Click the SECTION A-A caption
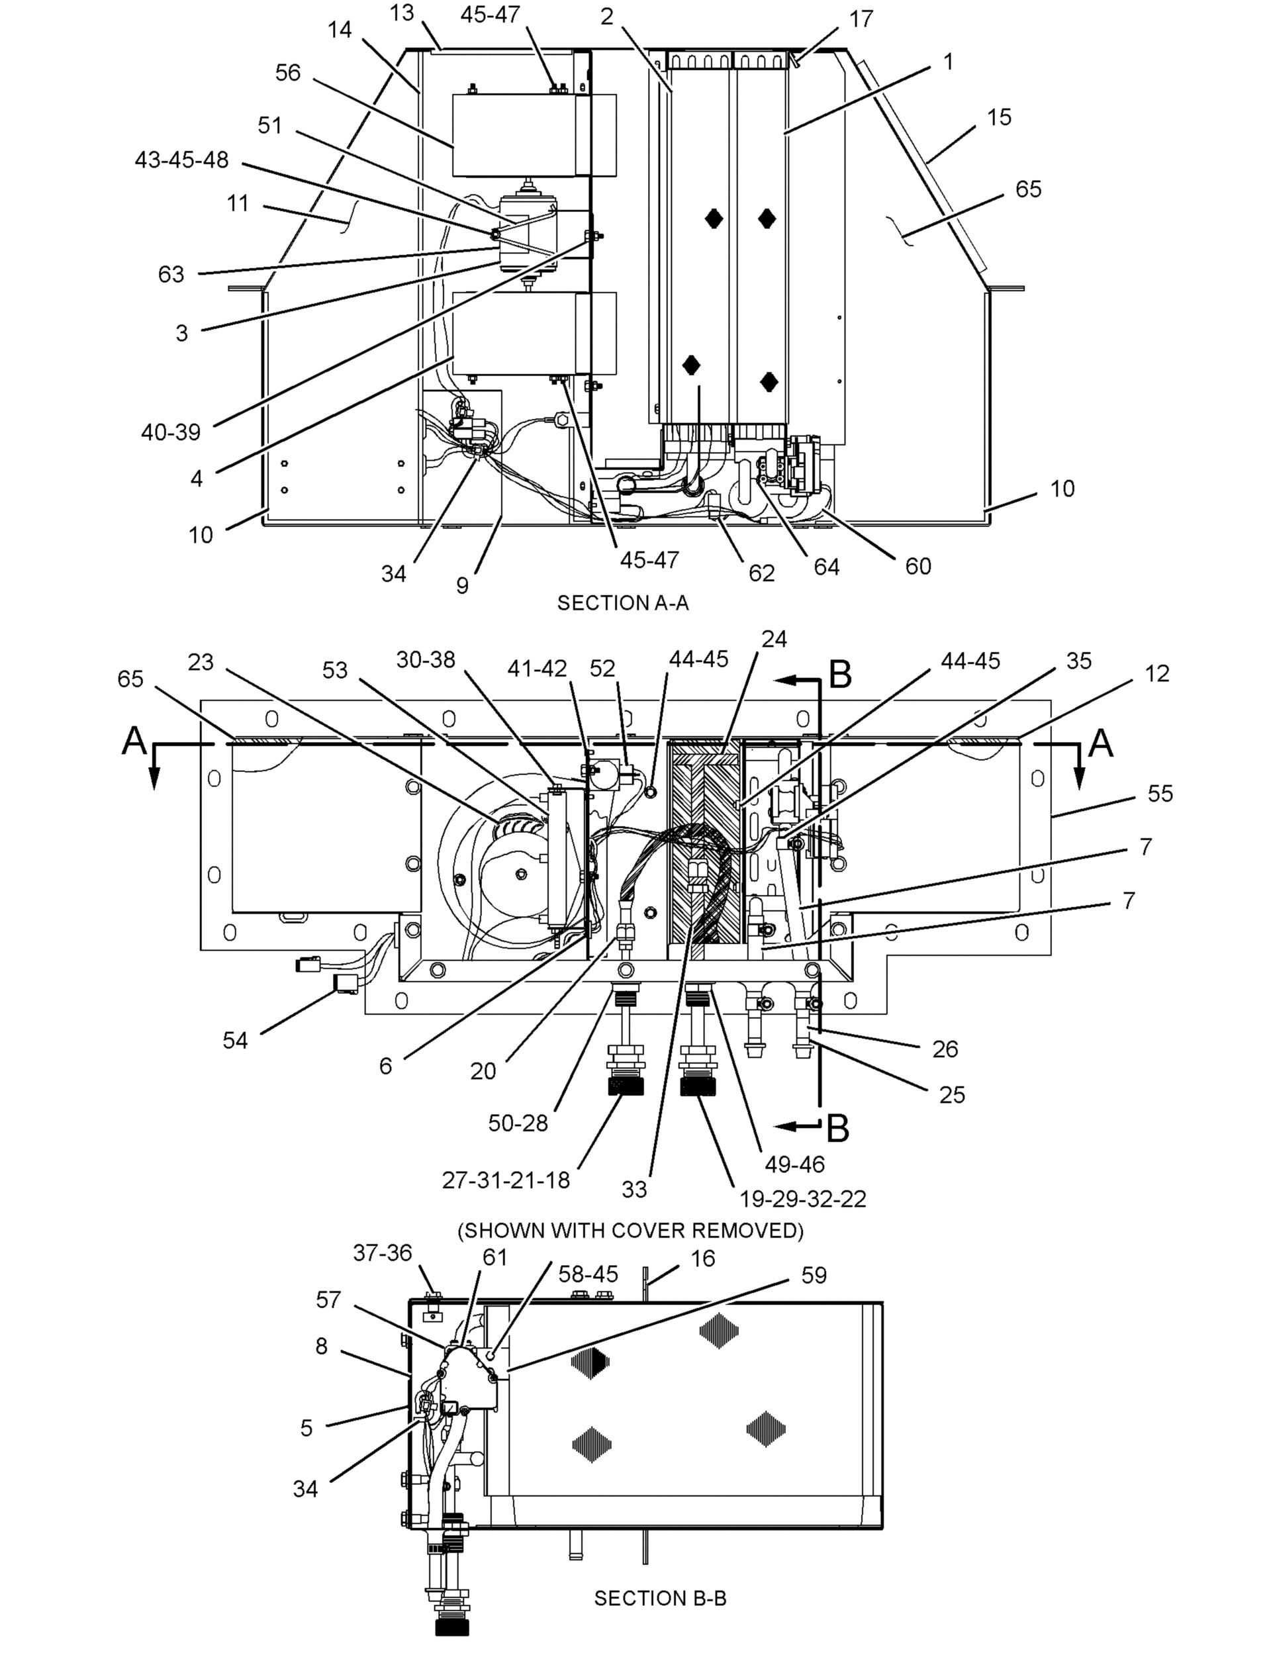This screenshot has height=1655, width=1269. tap(622, 603)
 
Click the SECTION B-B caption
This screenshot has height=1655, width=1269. tap(660, 1597)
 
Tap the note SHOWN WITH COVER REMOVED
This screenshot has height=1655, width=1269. tap(630, 1230)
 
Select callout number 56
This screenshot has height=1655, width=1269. tap(288, 73)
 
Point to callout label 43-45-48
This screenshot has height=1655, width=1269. tap(181, 160)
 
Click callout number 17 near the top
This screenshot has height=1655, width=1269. tap(861, 19)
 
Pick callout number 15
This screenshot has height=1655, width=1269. tap(998, 117)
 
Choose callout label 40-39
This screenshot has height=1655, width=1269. tap(171, 432)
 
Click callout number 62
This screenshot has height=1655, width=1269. tap(761, 573)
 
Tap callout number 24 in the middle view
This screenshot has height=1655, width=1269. tap(775, 639)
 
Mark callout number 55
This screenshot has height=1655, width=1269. tap(1160, 793)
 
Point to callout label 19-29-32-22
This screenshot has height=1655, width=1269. tap(802, 1199)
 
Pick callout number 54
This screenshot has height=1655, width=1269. tap(235, 1040)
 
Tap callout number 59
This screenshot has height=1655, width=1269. tap(814, 1275)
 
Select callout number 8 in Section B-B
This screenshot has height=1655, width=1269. tap(322, 1346)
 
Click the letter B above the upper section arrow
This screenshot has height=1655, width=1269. tap(841, 675)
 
